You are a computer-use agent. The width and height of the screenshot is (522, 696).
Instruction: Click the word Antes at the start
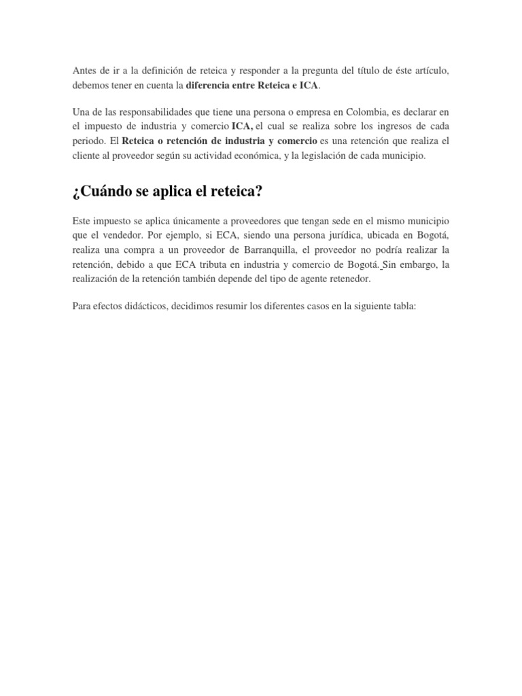(x=84, y=71)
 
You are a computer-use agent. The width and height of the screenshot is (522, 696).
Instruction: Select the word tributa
(x=217, y=265)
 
